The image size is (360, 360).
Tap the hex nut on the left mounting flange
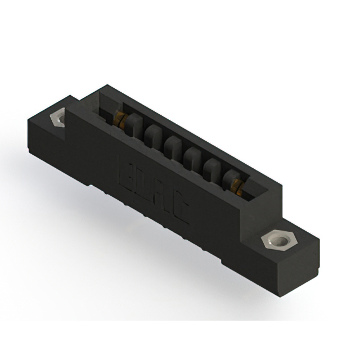coord(58,119)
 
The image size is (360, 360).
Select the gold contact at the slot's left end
coord(120,118)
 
